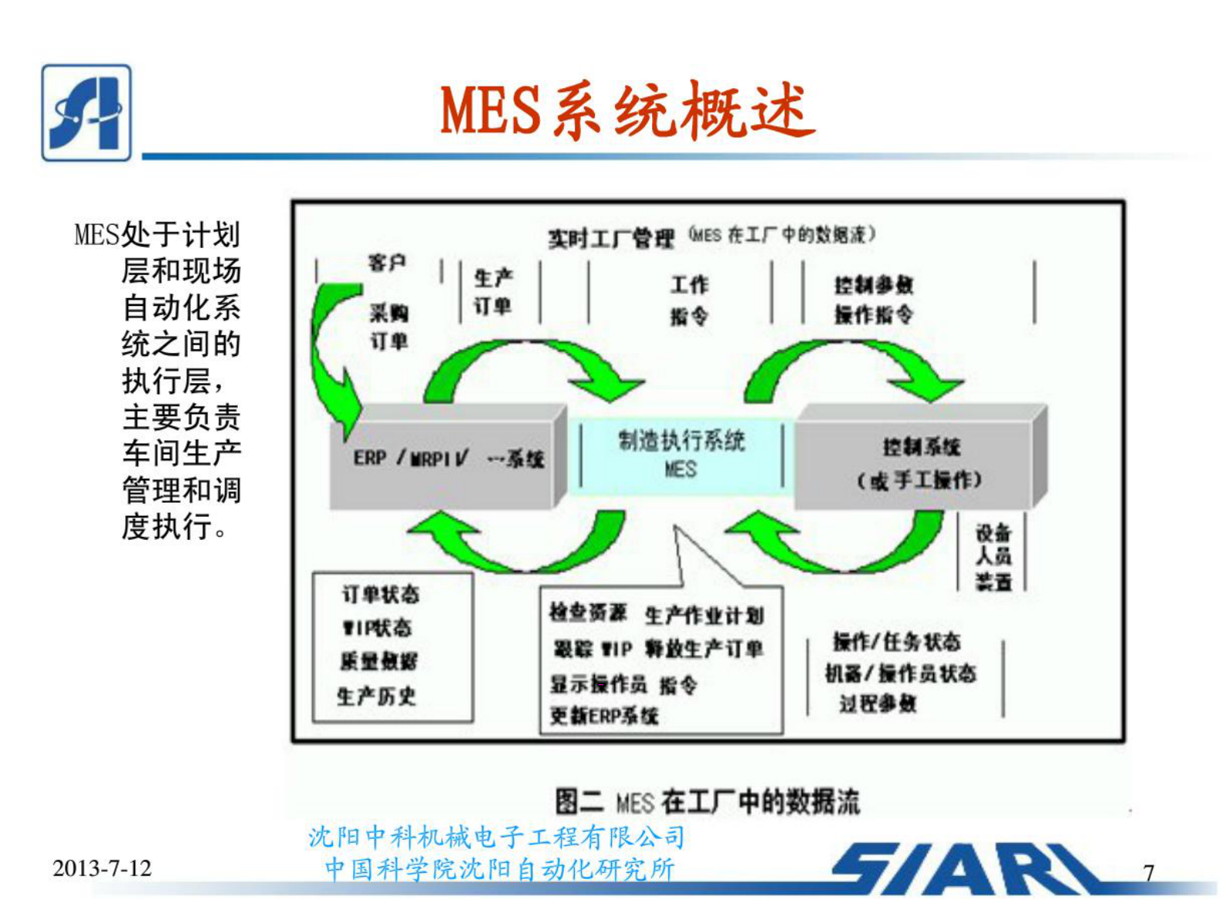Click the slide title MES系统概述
pyautogui.click(x=627, y=110)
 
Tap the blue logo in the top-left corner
pyautogui.click(x=86, y=113)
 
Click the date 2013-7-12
pyautogui.click(x=102, y=868)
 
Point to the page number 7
pyautogui.click(x=1149, y=872)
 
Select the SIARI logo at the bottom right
pyautogui.click(x=966, y=869)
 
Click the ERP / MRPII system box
pyautogui.click(x=444, y=459)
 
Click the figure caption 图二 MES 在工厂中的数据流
pyautogui.click(x=707, y=802)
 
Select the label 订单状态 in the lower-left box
pyautogui.click(x=381, y=594)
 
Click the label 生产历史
pyautogui.click(x=376, y=696)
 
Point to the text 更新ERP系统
pyautogui.click(x=604, y=716)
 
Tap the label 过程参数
pyautogui.click(x=878, y=704)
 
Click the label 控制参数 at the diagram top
pyautogui.click(x=874, y=285)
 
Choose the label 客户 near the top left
pyautogui.click(x=387, y=263)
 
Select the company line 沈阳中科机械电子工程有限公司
pyautogui.click(x=497, y=837)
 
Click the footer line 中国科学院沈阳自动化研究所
pyautogui.click(x=500, y=869)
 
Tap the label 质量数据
pyautogui.click(x=379, y=661)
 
